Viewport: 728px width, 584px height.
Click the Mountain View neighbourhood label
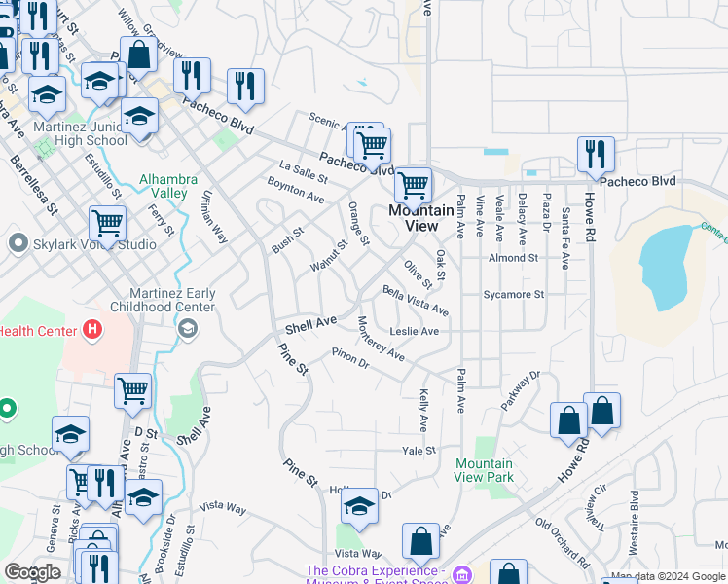[x=420, y=218]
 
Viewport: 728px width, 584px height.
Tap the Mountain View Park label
[x=485, y=471]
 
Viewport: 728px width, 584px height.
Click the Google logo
[x=33, y=572]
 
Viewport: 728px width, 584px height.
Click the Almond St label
[x=513, y=258]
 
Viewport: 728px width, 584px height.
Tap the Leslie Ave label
[x=414, y=331]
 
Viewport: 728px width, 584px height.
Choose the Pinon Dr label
[x=350, y=358]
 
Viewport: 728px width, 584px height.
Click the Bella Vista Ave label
[x=416, y=301]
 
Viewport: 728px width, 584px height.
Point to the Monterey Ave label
[x=381, y=339]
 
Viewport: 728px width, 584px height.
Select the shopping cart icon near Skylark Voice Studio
[x=107, y=224]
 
